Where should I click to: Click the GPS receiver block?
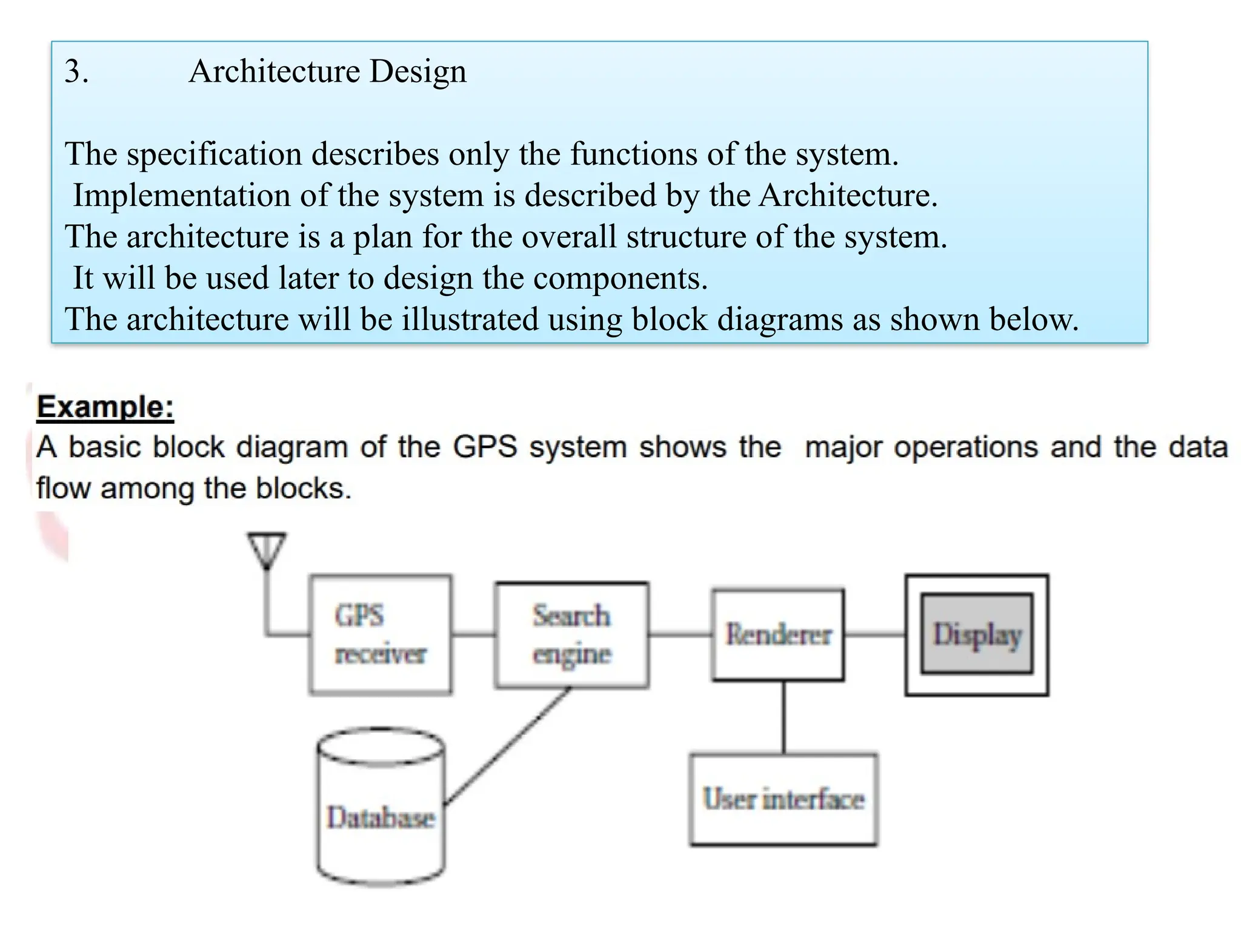(380, 634)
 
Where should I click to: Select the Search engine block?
(571, 635)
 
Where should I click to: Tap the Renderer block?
(778, 635)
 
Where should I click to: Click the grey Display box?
(977, 634)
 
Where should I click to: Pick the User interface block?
(784, 799)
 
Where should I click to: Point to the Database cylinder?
(381, 811)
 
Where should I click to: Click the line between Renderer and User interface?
(784, 717)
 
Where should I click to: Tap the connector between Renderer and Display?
(874, 635)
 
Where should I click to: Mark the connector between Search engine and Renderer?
(680, 635)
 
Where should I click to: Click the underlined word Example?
(105, 407)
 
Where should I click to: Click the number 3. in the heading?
(76, 71)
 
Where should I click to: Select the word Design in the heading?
(418, 71)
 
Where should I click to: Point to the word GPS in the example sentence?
(485, 447)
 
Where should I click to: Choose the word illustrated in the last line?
(470, 320)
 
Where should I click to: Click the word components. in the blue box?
(620, 279)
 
